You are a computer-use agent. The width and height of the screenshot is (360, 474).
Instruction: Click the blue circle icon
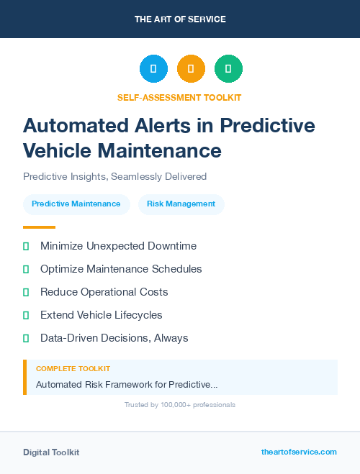point(153,69)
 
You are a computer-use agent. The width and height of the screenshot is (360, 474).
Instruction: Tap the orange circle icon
point(191,69)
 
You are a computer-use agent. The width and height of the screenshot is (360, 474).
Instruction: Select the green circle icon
point(228,69)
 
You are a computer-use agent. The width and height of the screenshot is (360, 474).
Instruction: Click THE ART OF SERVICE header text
point(180,19)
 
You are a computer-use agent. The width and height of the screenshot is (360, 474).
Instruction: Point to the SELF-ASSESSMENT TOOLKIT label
point(179,97)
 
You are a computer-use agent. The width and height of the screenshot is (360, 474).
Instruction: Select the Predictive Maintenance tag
point(76,204)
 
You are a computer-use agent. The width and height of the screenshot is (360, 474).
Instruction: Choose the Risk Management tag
point(181,204)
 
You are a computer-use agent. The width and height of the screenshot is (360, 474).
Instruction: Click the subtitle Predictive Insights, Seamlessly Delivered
point(115,176)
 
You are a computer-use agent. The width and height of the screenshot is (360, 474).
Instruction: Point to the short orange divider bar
point(39,227)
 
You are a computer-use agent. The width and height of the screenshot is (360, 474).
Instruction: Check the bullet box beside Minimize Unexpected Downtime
point(26,246)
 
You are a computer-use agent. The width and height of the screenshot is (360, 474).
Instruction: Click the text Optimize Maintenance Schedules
point(121,269)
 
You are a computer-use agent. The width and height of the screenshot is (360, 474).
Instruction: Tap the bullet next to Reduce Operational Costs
point(26,292)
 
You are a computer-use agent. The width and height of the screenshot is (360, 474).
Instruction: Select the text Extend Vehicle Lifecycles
point(102,315)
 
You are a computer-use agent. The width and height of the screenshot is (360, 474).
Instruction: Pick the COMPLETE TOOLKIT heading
point(73,368)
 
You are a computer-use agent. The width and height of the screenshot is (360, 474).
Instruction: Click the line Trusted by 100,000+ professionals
point(180,405)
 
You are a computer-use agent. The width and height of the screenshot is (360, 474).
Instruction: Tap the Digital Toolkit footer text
point(51,452)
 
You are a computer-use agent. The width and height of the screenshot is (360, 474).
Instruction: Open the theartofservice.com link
point(299,452)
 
